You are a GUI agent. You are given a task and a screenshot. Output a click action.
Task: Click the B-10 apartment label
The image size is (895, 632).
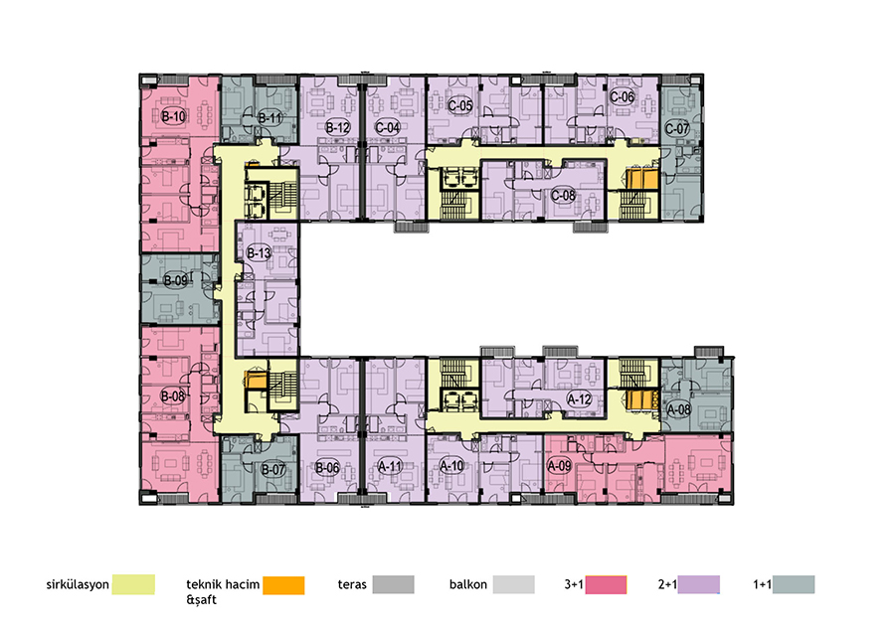(173, 116)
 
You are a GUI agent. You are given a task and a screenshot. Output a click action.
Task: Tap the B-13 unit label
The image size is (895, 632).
(259, 252)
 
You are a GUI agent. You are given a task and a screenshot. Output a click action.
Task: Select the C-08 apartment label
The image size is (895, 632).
(563, 196)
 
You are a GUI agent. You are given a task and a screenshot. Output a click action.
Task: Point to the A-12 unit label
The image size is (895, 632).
(579, 399)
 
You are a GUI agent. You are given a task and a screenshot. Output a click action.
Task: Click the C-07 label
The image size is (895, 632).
(677, 128)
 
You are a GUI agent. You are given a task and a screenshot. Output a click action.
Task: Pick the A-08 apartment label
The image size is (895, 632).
(678, 409)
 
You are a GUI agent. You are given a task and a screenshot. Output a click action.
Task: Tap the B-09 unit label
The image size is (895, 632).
(175, 280)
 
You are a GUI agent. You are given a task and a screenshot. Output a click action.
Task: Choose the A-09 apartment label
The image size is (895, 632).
(559, 465)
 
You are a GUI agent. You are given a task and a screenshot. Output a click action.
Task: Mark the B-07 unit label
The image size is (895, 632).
(272, 470)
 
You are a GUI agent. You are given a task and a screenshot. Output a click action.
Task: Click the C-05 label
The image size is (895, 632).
(460, 105)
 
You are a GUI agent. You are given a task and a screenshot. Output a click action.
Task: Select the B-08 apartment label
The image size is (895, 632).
(172, 395)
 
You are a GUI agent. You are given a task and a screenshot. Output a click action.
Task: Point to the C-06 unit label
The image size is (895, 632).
(622, 97)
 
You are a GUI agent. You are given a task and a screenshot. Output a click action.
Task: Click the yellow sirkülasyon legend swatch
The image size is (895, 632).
(133, 584)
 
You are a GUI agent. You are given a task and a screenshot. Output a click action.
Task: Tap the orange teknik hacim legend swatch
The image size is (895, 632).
(283, 585)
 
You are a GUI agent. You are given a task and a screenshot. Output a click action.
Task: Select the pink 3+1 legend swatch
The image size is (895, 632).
(606, 584)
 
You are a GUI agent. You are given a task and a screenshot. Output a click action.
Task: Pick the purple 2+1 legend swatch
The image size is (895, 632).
(699, 584)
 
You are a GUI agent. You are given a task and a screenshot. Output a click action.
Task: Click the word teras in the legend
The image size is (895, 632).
(352, 584)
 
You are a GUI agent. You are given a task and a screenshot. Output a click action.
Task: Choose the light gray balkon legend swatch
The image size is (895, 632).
(514, 584)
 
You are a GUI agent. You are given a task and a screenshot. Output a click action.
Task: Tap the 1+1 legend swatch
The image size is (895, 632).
(794, 584)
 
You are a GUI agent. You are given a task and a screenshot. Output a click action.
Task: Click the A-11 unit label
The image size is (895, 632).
(391, 466)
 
